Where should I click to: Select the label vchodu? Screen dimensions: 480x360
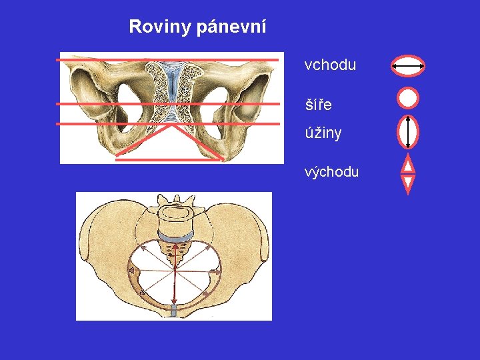pos(330,65)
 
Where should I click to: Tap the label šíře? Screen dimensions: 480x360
pos(318,105)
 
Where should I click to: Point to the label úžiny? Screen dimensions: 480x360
pos(323,133)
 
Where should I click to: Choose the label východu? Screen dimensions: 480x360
pos(331,171)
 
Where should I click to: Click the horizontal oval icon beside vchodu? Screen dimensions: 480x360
pos(408,66)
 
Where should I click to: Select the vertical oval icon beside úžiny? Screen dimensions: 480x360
pos(408,131)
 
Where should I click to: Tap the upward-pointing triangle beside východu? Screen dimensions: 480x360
pos(408,164)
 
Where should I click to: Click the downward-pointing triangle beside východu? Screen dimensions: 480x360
pos(408,183)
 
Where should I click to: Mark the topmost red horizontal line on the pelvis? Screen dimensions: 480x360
pos(167,60)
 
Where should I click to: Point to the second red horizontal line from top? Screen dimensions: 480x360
pos(167,104)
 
